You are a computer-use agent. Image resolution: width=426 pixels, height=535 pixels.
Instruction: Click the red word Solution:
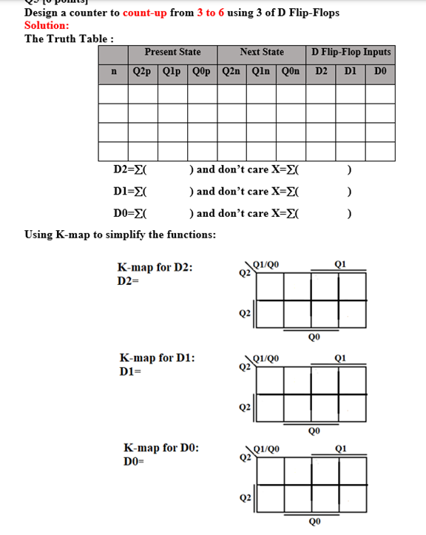[x=47, y=24]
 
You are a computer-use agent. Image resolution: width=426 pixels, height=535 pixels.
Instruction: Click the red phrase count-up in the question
[x=145, y=13]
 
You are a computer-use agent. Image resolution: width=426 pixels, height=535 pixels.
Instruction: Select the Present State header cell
[x=172, y=53]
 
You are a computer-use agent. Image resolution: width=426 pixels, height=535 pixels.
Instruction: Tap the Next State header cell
[x=262, y=53]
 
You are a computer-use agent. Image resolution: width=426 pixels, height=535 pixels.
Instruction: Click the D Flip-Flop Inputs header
[x=351, y=53]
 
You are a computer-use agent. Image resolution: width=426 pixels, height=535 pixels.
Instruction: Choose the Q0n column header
[x=291, y=72]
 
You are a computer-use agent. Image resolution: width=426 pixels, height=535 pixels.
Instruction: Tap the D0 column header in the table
[x=380, y=72]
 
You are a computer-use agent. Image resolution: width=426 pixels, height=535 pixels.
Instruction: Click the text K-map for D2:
[x=155, y=268]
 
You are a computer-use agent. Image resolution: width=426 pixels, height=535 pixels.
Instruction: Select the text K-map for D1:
[x=158, y=358]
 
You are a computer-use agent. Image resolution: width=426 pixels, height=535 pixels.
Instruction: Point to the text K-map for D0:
[x=161, y=448]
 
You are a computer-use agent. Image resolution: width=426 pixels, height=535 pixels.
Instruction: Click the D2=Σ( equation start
[x=130, y=169]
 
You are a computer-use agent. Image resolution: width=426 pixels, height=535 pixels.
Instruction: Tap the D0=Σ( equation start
[x=130, y=214]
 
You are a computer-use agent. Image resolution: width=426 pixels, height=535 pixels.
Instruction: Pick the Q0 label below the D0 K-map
[x=314, y=520]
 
